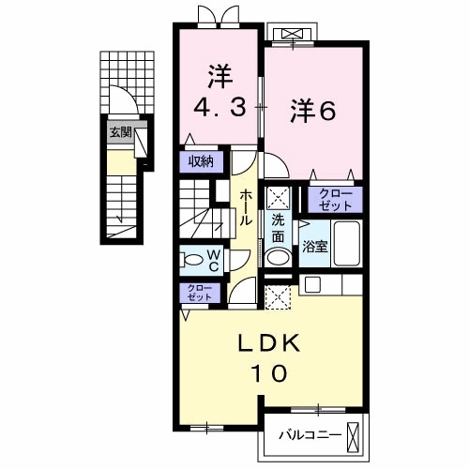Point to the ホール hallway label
pyautogui.click(x=245, y=207)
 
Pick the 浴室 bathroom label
pyautogui.click(x=314, y=247)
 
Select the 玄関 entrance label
pyautogui.click(x=120, y=132)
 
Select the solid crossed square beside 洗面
pyautogui.click(x=278, y=197)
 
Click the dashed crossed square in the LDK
pyautogui.click(x=277, y=298)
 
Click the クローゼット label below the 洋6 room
pyautogui.click(x=334, y=200)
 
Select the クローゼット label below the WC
pyautogui.click(x=199, y=292)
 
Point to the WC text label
pyautogui.click(x=214, y=259)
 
